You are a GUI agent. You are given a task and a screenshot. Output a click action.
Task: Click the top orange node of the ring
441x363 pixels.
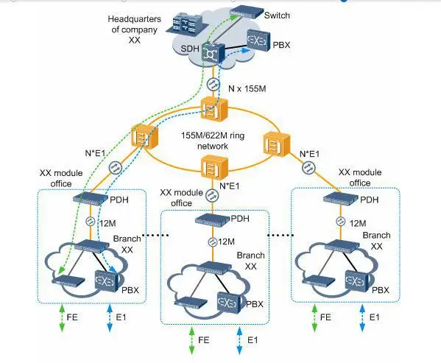[211, 111]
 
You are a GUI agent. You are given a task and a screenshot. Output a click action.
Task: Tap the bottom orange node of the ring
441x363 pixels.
[211, 167]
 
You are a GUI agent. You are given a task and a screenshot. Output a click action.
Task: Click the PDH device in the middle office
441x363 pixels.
[211, 219]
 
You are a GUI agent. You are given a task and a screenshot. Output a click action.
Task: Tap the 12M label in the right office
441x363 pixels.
[359, 222]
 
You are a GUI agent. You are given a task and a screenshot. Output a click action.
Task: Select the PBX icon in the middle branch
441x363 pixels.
[229, 301]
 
